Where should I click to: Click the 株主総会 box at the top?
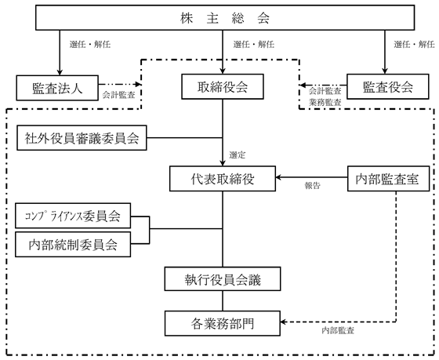tap(225, 17)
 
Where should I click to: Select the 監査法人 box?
tap(57, 88)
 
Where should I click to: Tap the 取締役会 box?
tap(223, 86)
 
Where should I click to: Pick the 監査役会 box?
tap(388, 86)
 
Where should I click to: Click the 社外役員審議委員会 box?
tap(82, 138)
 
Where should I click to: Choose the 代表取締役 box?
tap(223, 179)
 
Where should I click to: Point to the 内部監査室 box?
tap(388, 179)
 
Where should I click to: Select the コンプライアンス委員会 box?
tap(73, 216)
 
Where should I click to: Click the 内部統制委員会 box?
tap(73, 244)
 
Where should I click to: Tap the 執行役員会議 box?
tap(223, 278)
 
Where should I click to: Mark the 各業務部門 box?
tap(223, 323)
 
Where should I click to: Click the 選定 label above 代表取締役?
tap(238, 155)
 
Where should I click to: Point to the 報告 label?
tap(313, 186)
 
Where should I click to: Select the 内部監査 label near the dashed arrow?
tap(338, 330)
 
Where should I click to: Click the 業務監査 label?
tap(325, 102)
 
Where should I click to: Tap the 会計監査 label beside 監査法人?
tap(118, 95)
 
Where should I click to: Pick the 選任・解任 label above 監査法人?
tap(90, 44)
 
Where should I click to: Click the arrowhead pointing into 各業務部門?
tap(283, 322)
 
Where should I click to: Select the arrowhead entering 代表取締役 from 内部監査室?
tap(278, 177)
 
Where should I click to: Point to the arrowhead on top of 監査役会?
tap(385, 71)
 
